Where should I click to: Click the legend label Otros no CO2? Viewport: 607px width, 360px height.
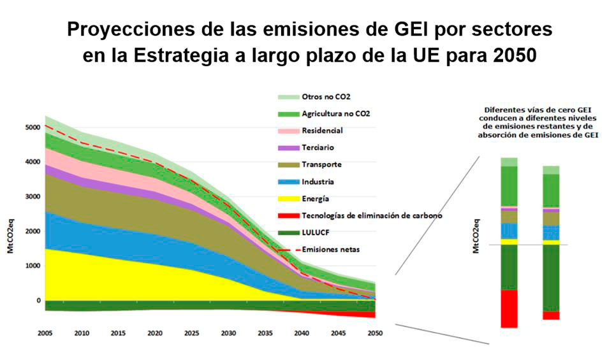[x=326, y=97]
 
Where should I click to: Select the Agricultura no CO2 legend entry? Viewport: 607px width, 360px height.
[x=335, y=113]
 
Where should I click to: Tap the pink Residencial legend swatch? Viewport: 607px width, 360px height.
[x=288, y=131]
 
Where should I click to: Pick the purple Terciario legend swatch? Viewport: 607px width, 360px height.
[x=288, y=148]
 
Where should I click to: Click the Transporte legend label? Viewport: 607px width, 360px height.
[x=322, y=164]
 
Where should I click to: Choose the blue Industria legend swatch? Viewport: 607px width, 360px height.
[x=288, y=182]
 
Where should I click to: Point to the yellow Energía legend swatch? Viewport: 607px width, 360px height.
[x=288, y=199]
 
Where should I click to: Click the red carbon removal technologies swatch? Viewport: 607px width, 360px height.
[x=288, y=215]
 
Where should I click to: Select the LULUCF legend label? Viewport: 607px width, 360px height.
[x=316, y=233]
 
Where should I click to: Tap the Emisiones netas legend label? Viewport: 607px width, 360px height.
[x=330, y=249]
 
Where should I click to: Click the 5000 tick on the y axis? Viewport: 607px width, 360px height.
[x=33, y=127]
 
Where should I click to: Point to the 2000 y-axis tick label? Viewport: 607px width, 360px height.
[x=33, y=231]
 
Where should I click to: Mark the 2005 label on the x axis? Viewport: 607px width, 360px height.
[x=45, y=333]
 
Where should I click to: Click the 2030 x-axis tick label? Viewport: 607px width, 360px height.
[x=228, y=333]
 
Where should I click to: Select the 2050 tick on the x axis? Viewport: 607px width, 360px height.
[x=375, y=333]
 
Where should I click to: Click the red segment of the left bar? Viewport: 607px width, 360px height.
[x=509, y=309]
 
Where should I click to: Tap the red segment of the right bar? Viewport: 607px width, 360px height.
[x=551, y=315]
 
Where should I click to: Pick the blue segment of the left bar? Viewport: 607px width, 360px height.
[x=509, y=231]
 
